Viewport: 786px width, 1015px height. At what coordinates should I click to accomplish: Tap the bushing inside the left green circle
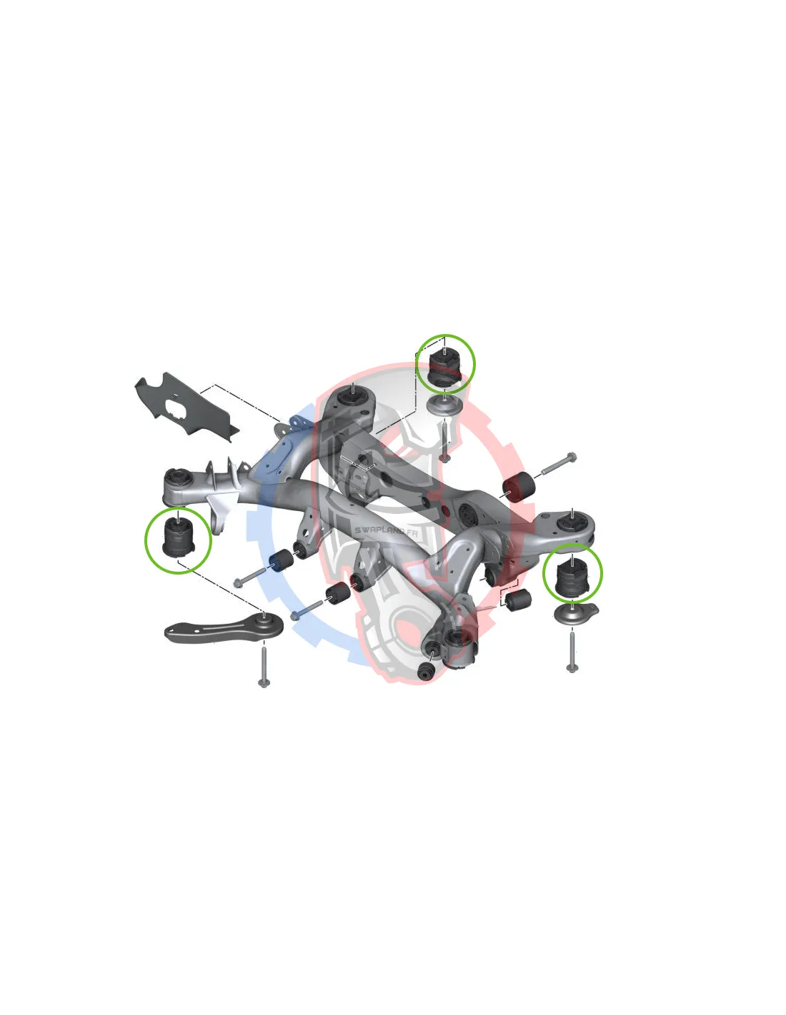[178, 538]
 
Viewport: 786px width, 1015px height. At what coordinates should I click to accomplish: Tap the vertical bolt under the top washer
[444, 441]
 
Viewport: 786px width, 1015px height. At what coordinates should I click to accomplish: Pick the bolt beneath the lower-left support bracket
[263, 668]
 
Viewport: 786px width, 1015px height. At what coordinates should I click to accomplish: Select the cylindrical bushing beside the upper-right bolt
[517, 488]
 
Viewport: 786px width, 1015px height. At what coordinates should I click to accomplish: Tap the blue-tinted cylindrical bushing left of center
[282, 560]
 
